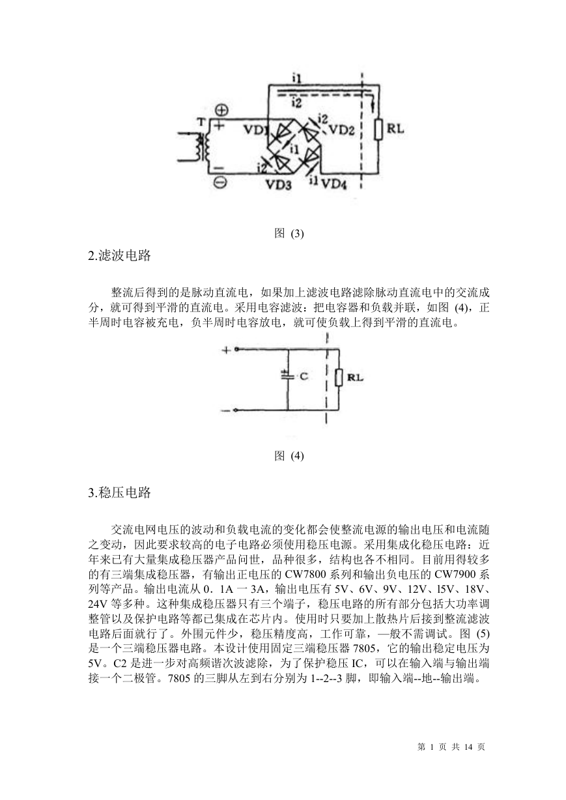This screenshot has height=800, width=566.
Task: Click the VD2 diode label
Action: pyautogui.click(x=341, y=130)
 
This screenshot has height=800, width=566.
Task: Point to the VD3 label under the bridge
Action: pyautogui.click(x=279, y=184)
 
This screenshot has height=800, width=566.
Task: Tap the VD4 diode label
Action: pyautogui.click(x=334, y=184)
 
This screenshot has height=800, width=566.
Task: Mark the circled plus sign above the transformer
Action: pyautogui.click(x=221, y=110)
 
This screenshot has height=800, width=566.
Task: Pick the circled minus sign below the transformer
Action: pyautogui.click(x=221, y=183)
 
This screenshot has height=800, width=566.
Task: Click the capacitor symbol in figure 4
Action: pyautogui.click(x=287, y=375)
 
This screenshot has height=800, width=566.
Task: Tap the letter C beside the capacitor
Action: pyautogui.click(x=304, y=376)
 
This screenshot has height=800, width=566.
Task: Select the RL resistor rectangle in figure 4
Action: pyautogui.click(x=339, y=378)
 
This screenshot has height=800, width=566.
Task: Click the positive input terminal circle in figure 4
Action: pyautogui.click(x=236, y=349)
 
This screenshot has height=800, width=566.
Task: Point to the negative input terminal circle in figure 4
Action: pyautogui.click(x=235, y=410)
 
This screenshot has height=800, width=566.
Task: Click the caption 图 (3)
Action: pyautogui.click(x=289, y=234)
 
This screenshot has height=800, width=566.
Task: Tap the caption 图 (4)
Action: pyautogui.click(x=289, y=456)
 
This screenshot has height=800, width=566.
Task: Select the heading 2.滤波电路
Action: pyautogui.click(x=120, y=255)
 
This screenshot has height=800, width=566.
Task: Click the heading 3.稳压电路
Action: pyautogui.click(x=120, y=493)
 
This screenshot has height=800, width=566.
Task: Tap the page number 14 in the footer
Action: pyautogui.click(x=468, y=747)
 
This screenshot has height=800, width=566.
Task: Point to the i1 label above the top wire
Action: pyautogui.click(x=296, y=78)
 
